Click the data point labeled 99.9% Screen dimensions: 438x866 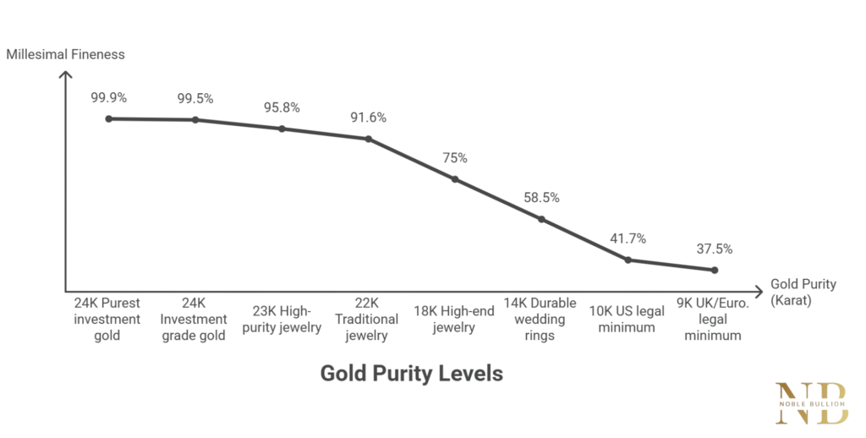click(109, 118)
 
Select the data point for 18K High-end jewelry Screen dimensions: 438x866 click(454, 179)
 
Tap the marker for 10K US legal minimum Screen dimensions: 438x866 click(628, 260)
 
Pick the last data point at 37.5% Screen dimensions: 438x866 click(715, 270)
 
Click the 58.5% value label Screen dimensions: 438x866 click(541, 197)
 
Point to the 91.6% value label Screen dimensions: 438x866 click(368, 118)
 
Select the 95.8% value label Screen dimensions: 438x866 click(282, 107)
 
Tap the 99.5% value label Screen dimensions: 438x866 click(195, 98)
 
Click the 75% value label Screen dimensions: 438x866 click(454, 158)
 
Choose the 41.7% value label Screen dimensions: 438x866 click(628, 238)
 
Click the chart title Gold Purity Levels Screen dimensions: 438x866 click(411, 373)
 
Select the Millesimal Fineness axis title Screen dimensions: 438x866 click(65, 54)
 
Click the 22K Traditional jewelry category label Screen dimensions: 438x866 click(368, 319)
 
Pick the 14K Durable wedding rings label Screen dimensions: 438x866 click(540, 319)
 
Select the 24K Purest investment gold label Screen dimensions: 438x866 click(107, 319)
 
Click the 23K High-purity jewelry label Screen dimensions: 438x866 click(282, 319)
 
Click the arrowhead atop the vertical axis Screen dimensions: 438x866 click(65, 74)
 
